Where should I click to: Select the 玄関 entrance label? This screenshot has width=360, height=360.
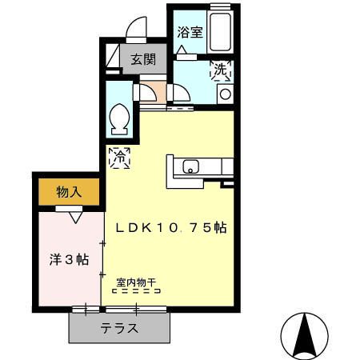(144, 58)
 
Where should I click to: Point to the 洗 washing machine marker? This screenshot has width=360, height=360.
(219, 70)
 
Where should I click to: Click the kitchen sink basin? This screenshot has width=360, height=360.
(190, 167)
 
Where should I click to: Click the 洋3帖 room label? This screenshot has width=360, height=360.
(66, 261)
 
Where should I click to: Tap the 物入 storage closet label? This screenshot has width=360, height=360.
(69, 193)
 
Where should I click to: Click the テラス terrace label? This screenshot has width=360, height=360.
(120, 328)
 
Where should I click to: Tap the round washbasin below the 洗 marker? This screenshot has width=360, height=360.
(224, 94)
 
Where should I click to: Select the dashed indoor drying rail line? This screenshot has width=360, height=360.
(137, 292)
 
